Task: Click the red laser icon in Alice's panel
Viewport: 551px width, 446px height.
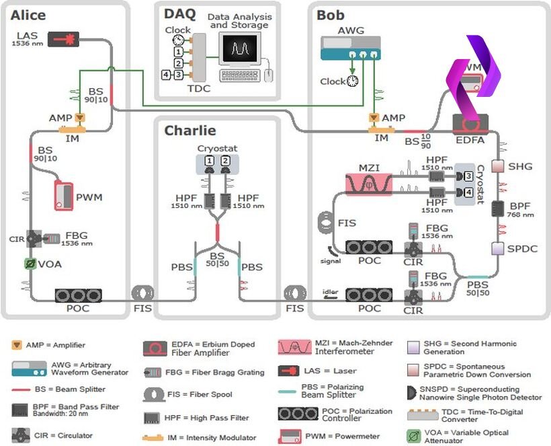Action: click(59, 38)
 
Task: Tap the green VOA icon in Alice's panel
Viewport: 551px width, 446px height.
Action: click(30, 264)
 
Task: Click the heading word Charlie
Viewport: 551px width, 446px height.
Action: click(190, 131)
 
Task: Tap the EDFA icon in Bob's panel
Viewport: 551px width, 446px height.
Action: click(470, 124)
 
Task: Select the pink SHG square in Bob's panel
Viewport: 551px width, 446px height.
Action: click(498, 165)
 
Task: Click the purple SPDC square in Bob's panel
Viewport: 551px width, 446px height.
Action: click(498, 248)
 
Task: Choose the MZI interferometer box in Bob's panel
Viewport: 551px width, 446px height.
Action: click(368, 182)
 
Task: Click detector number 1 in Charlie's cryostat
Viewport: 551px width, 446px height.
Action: click(210, 161)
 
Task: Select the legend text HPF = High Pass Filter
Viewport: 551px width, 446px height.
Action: click(206, 418)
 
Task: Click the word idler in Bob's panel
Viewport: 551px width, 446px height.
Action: click(330, 292)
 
